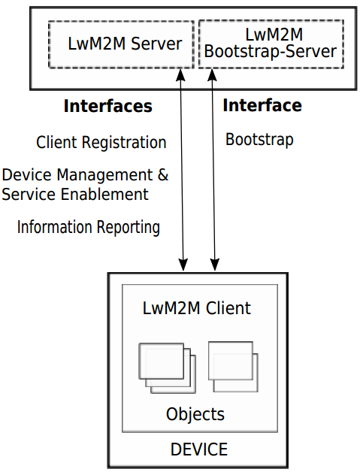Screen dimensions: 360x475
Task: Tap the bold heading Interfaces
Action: [108, 106]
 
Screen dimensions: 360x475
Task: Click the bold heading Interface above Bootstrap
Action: [262, 105]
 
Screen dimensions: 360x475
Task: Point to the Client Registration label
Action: [101, 142]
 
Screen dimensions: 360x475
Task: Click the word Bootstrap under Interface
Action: [259, 140]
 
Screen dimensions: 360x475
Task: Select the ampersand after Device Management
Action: [163, 174]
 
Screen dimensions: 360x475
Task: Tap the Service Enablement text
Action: [75, 194]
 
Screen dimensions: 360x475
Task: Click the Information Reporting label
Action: [89, 227]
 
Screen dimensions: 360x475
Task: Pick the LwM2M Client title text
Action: [197, 308]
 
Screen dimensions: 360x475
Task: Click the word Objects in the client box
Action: [195, 414]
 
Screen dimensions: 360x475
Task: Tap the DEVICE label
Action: [199, 449]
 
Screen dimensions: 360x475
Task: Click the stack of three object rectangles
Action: [167, 368]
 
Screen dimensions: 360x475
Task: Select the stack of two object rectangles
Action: [233, 367]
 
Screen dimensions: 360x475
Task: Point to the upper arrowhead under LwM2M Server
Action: [180, 74]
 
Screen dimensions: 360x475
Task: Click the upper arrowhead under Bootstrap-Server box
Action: [212, 74]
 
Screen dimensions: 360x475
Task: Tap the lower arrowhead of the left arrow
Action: [183, 265]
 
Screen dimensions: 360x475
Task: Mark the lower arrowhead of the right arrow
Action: [215, 265]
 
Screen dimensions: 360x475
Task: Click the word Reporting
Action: [129, 228]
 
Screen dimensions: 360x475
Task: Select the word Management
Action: [104, 175]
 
